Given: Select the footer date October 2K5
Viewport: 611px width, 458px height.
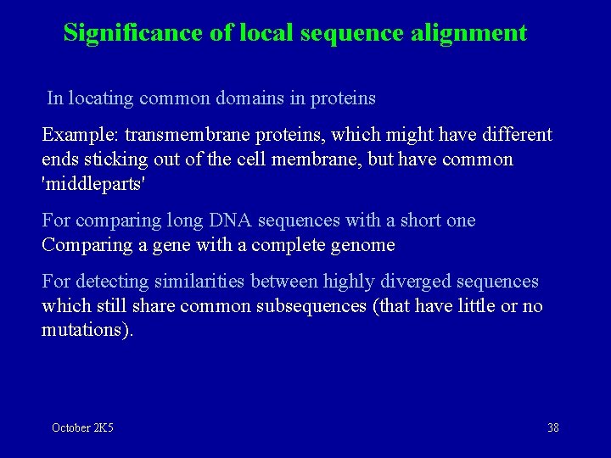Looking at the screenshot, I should tap(82, 427).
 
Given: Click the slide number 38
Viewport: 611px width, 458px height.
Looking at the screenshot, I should tap(553, 427).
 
